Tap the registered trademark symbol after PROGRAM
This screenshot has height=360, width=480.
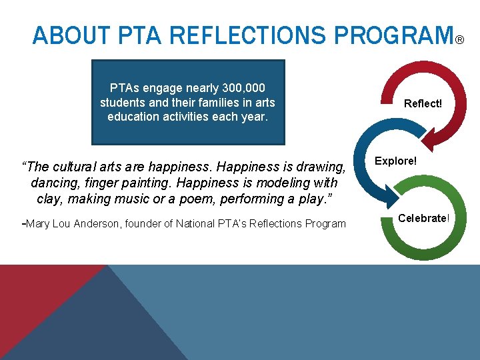tap(459, 41)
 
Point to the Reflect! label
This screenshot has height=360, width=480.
tap(423, 104)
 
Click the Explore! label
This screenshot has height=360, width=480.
tap(396, 161)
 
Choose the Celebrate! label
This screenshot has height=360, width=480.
tap(424, 218)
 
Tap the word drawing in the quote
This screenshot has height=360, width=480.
tap(323, 165)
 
